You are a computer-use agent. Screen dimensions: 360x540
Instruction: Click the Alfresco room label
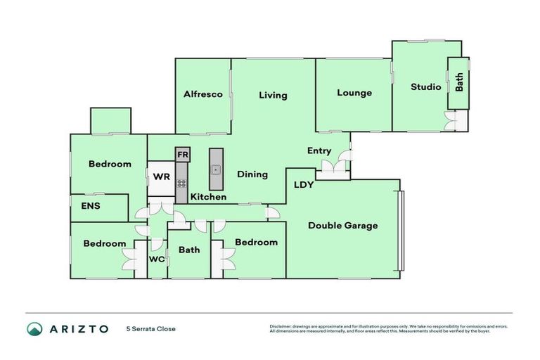203,94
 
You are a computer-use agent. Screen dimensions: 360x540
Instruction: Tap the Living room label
273,96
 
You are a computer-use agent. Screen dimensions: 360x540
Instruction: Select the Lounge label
354,93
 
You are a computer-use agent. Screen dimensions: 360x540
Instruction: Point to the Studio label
425,87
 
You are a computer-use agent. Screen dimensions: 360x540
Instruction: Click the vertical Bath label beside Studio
459,83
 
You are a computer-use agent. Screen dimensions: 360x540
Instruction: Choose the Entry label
319,151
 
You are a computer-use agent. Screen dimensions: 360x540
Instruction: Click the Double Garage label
343,226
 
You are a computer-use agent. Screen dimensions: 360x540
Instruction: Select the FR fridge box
182,154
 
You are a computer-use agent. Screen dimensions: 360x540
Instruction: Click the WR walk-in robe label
160,176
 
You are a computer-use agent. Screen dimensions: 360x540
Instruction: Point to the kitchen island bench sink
216,169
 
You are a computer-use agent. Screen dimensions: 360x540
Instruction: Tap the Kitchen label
208,197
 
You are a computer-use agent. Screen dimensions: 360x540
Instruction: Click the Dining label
252,174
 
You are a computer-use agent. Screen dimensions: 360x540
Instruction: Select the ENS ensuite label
91,206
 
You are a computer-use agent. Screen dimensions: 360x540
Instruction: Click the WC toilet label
156,259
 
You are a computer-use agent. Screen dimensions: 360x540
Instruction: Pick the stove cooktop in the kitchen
181,184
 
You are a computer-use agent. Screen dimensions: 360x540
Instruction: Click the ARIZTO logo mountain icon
34,329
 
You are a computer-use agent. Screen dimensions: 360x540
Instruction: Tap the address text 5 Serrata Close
150,329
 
